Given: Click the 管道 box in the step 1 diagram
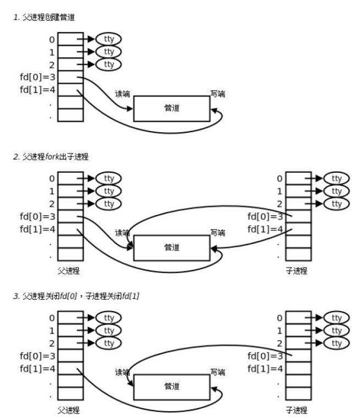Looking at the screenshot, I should (x=172, y=108).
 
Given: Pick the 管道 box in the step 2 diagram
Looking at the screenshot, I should (x=172, y=247).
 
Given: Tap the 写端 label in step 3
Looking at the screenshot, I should (x=217, y=373).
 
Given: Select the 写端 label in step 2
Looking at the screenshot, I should (x=217, y=233).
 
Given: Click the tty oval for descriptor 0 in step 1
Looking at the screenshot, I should (x=108, y=39).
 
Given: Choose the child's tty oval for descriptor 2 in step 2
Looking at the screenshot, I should (x=336, y=204).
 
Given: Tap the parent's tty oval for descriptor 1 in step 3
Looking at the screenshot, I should (x=108, y=330).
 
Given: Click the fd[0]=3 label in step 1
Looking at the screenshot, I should (x=37, y=77).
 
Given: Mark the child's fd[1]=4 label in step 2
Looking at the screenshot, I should (x=265, y=228).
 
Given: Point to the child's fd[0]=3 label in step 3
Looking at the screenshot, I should (x=265, y=355).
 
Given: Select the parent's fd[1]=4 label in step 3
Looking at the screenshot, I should (x=37, y=367).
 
